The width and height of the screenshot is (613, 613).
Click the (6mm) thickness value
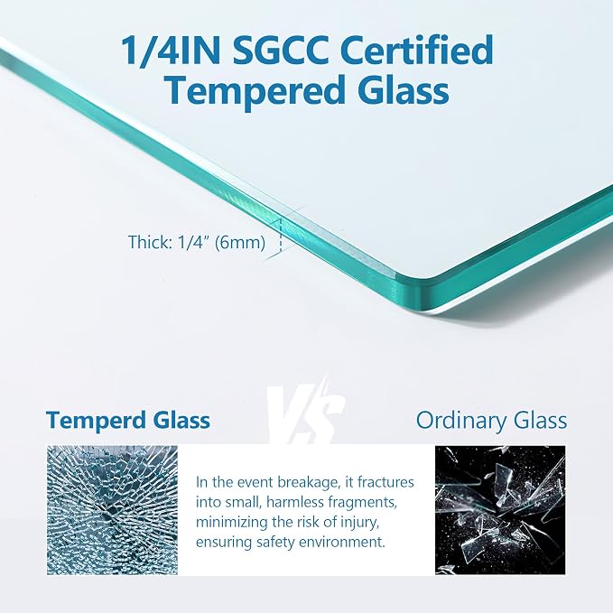tap(240, 242)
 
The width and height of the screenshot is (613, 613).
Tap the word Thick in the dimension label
tap(150, 242)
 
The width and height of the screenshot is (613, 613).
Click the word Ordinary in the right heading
tap(461, 421)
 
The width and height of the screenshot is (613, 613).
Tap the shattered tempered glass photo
tap(112, 510)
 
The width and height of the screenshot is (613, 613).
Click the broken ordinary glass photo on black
tap(500, 510)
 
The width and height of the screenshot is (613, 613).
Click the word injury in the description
tap(359, 523)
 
